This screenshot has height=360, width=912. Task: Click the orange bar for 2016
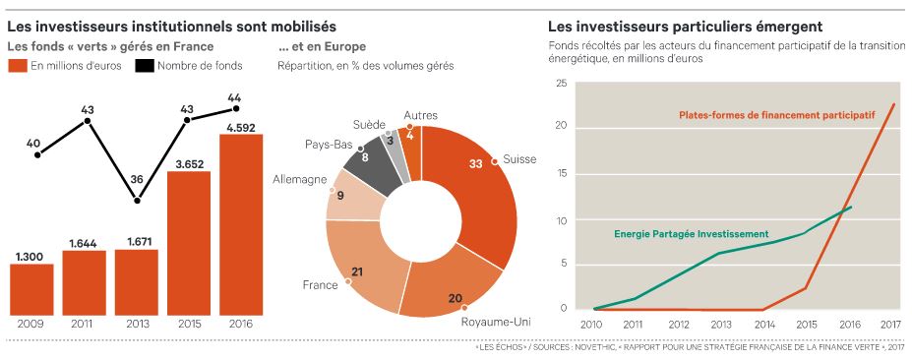coord(241,223)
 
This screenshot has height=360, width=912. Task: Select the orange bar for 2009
coord(31,288)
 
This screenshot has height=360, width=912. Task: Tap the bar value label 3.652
coord(188,164)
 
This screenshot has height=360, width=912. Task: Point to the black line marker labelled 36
coord(137,200)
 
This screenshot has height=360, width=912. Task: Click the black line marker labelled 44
coord(236,108)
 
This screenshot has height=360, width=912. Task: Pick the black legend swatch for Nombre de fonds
coord(145,66)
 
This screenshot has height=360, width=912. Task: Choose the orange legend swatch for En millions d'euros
coord(18,66)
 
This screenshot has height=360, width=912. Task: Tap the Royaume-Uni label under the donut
coord(496,321)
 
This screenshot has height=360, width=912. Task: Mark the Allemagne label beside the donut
coord(299,180)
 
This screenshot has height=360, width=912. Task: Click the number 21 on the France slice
coord(358,272)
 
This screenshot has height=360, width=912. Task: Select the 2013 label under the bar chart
coord(137,324)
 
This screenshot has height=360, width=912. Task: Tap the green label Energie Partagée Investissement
coord(692,234)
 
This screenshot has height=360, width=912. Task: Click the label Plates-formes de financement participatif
coord(777,114)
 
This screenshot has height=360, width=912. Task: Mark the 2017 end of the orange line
coord(894,104)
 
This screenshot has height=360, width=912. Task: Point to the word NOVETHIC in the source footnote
coord(591,348)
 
